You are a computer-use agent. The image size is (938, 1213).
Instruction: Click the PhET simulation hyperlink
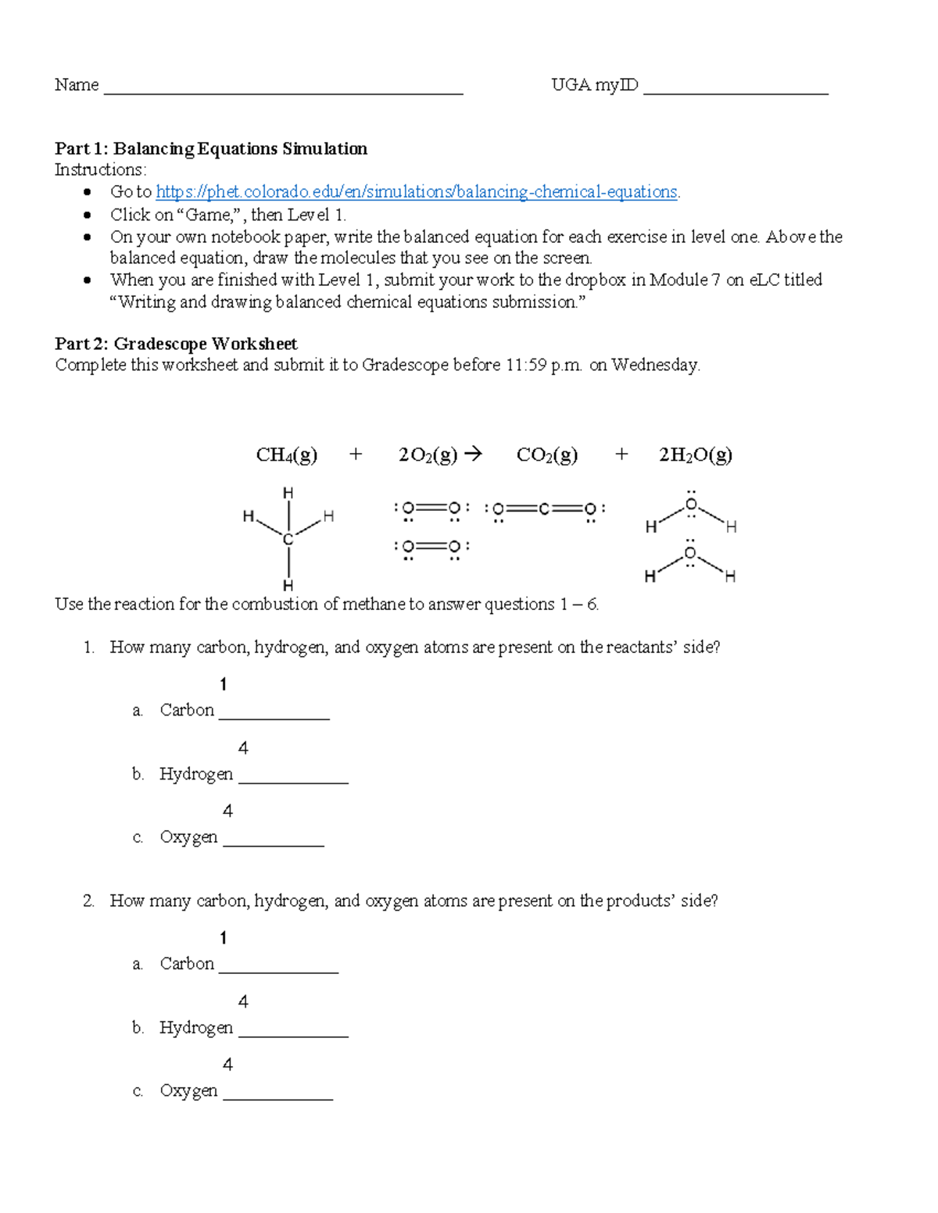417,192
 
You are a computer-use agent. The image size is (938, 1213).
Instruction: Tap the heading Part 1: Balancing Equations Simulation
211,148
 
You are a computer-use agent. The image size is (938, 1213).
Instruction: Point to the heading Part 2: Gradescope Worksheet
176,344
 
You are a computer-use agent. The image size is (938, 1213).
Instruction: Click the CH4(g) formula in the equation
287,455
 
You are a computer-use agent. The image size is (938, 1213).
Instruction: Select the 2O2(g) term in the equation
428,455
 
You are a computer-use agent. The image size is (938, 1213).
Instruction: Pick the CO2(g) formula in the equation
547,455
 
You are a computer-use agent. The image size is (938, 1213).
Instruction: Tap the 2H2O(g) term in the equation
695,455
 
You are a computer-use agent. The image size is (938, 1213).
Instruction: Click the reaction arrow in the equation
473,454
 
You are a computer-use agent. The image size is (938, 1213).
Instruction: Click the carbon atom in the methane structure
288,540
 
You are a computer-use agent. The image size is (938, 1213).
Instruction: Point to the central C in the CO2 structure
545,509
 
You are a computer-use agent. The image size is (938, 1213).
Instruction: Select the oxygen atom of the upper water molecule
691,505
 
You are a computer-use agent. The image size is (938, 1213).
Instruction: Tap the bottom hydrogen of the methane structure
288,585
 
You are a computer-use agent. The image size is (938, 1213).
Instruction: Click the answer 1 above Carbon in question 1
224,685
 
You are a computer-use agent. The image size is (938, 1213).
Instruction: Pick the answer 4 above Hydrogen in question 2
243,1002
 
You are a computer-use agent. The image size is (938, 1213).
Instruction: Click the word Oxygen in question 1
188,837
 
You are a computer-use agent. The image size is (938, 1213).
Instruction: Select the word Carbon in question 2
187,964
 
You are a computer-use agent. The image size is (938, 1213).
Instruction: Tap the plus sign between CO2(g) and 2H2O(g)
621,454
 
